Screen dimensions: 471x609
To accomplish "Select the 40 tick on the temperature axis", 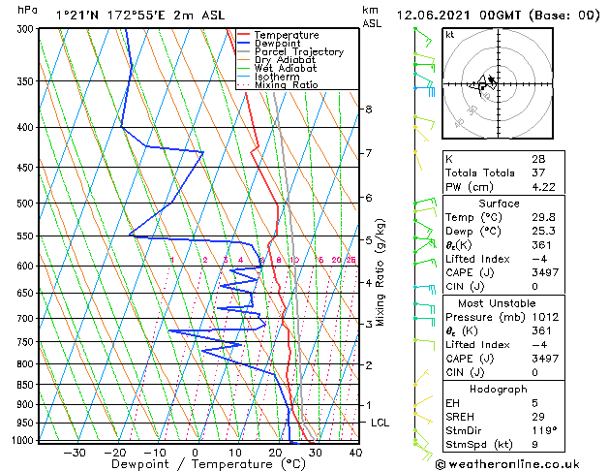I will (355, 452).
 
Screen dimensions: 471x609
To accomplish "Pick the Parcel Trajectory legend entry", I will (298, 52).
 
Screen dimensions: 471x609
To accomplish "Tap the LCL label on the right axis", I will (381, 423).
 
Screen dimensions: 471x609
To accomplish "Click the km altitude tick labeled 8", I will (369, 110).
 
